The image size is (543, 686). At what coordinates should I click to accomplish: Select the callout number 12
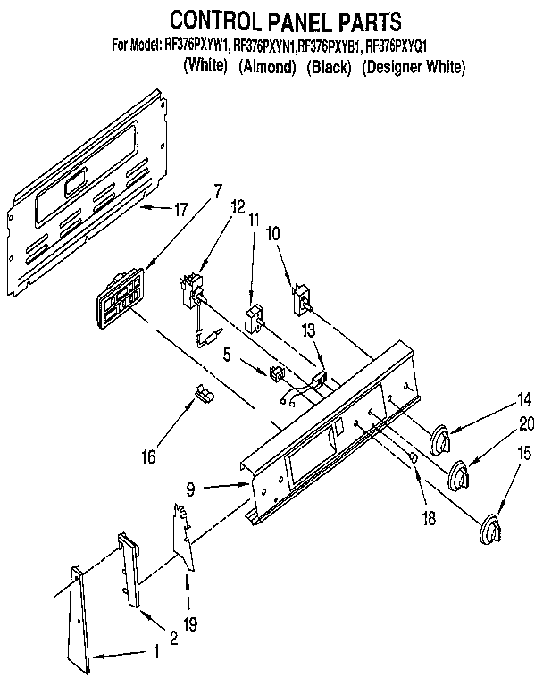pos(237,207)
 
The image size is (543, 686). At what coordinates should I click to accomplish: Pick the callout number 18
pos(430,518)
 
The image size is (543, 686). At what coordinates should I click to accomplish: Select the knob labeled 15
pos(490,530)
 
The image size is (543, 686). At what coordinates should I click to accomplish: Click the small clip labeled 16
pos(203,392)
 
